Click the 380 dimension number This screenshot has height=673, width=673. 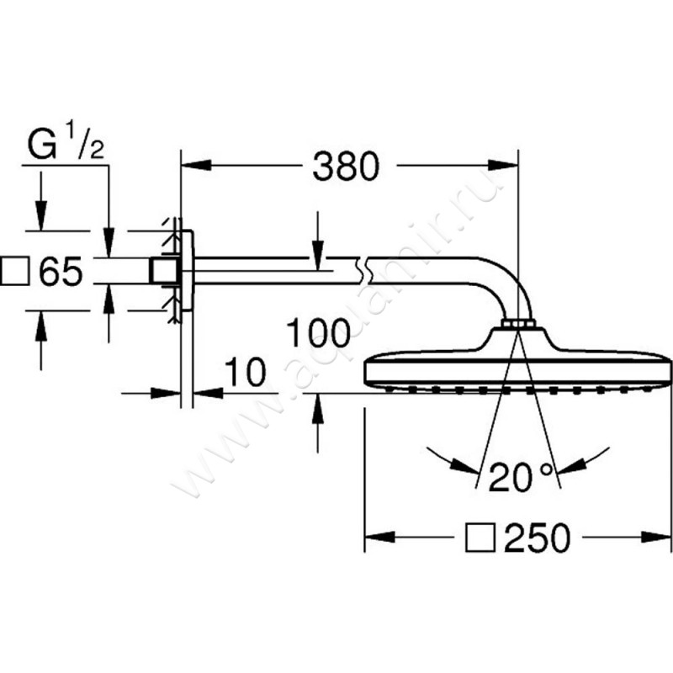click(x=346, y=166)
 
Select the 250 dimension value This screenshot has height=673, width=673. click(x=538, y=537)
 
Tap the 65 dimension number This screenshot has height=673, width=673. click(x=61, y=271)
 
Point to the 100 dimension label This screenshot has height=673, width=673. click(x=318, y=332)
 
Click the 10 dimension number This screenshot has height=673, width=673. click(x=245, y=372)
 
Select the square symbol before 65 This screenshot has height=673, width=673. click(x=15, y=271)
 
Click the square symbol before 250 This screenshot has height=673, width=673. click(x=480, y=537)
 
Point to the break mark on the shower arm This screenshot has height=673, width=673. click(x=363, y=270)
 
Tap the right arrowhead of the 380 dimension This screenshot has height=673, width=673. click(x=503, y=165)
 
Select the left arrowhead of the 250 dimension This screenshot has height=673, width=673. click(x=380, y=537)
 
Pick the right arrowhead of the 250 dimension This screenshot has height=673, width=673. click(x=655, y=537)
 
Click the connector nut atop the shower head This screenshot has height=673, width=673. click(x=518, y=323)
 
